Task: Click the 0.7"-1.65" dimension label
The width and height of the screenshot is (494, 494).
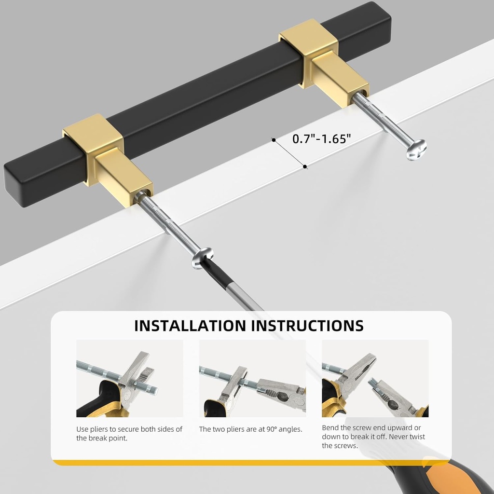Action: (321, 138)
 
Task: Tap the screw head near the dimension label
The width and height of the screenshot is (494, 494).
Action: (416, 150)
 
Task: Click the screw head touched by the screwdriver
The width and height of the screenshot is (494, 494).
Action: (202, 258)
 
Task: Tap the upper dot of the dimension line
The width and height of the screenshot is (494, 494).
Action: (274, 140)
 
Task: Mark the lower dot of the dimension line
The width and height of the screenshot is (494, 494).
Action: (305, 166)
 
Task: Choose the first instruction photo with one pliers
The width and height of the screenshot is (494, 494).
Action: (129, 378)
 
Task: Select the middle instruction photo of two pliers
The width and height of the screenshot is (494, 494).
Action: (252, 378)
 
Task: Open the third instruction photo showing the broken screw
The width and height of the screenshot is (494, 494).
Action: (375, 378)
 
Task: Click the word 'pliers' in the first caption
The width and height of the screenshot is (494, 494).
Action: (99, 429)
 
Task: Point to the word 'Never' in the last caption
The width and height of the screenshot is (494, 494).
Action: (398, 437)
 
